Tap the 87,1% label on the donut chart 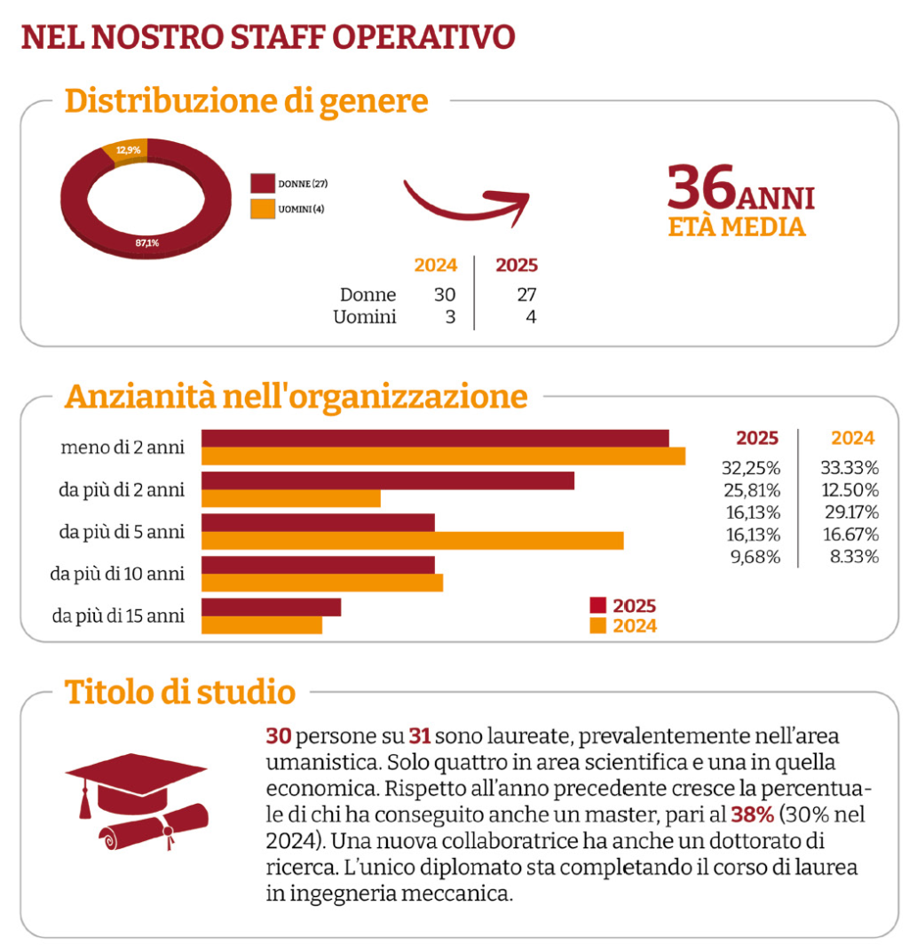point(147,242)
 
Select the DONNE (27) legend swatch point(263,183)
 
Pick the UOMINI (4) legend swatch point(263,209)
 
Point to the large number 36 point(702,187)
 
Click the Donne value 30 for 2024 point(445,295)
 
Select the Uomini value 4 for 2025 point(531,317)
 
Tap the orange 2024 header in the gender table point(436,266)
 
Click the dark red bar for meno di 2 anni point(435,439)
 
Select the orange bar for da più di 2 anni point(291,498)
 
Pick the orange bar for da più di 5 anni point(412,541)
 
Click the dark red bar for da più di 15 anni point(271,607)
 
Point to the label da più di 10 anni point(117,574)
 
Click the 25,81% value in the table point(752,490)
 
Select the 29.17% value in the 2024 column point(852,512)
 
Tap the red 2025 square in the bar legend point(597,605)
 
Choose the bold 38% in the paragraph point(753,814)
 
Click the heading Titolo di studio point(180,692)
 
